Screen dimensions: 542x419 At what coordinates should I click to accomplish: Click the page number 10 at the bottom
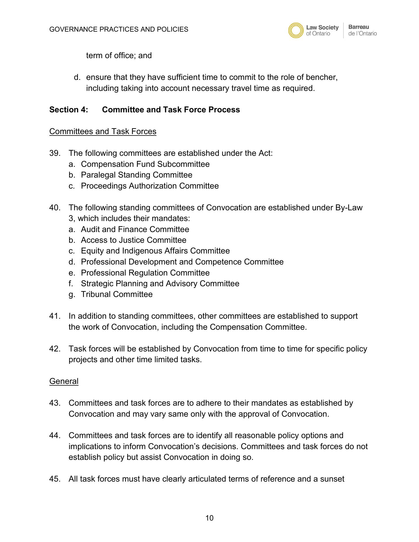[209, 518]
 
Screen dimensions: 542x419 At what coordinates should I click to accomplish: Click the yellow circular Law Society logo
[296, 30]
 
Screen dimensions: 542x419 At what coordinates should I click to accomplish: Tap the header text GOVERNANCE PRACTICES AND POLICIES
[119, 29]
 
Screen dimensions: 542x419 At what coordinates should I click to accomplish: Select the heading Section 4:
[69, 110]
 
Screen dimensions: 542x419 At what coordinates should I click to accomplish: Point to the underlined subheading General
[64, 381]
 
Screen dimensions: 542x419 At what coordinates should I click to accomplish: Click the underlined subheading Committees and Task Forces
[103, 132]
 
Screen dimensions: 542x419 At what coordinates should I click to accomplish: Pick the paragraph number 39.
[55, 153]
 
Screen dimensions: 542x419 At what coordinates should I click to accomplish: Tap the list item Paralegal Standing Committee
[136, 175]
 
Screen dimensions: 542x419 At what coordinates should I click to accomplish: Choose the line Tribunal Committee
[117, 294]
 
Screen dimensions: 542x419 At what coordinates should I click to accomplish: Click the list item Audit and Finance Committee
[135, 229]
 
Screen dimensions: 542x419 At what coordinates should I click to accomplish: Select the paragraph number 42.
[55, 349]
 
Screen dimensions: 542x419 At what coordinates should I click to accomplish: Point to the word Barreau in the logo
[359, 27]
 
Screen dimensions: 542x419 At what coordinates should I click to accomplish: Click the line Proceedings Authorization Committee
[150, 186]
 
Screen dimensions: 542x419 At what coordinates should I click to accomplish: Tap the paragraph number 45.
[55, 479]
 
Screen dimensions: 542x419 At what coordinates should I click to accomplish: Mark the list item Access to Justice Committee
[134, 240]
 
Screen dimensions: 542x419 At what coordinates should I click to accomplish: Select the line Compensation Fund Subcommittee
[145, 164]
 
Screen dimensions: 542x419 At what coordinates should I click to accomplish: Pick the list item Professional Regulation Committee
[145, 273]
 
